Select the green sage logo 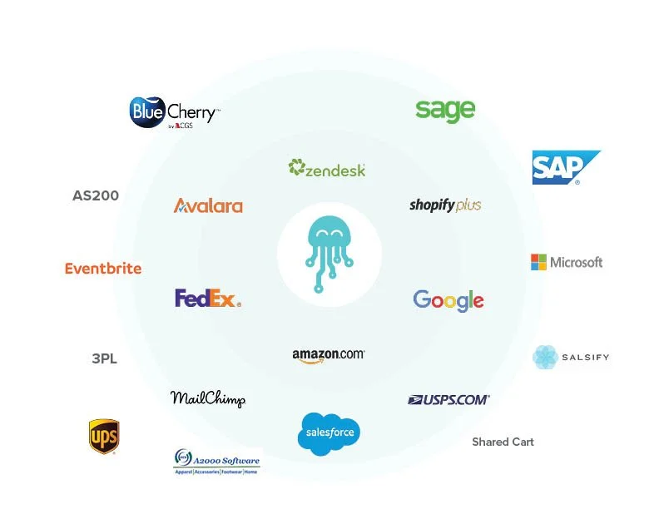445,110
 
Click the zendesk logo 327,169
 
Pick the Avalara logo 208,205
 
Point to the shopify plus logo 445,205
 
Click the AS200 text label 96,196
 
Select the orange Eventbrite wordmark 103,269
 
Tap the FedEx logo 208,298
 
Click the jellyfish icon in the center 329,254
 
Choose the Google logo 448,300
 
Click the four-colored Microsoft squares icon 539,262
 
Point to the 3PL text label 104,359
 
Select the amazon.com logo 329,354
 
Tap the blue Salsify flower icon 545,357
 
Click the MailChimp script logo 208,398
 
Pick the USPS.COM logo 448,400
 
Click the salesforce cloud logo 329,433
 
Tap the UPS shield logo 104,437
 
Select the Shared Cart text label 503,442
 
